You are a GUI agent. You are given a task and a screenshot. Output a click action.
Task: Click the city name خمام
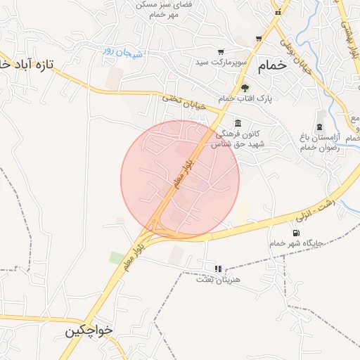[x=272, y=65]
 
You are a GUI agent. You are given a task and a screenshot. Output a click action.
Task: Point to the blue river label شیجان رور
[x=123, y=51]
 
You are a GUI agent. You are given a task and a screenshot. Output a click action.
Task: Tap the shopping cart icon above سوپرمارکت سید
[x=221, y=51]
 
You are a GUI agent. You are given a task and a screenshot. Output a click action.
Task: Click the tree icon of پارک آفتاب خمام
[x=245, y=88]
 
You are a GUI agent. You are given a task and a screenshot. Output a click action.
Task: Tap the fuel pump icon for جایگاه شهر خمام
[x=295, y=233]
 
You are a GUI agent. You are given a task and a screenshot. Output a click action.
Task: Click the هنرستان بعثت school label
[x=217, y=280]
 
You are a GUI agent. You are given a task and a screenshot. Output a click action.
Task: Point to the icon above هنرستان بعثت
[x=217, y=269]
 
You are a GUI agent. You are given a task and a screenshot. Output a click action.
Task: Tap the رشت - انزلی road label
[x=314, y=209]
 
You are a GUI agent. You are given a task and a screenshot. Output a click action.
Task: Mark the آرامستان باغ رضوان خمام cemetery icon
[x=321, y=127]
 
